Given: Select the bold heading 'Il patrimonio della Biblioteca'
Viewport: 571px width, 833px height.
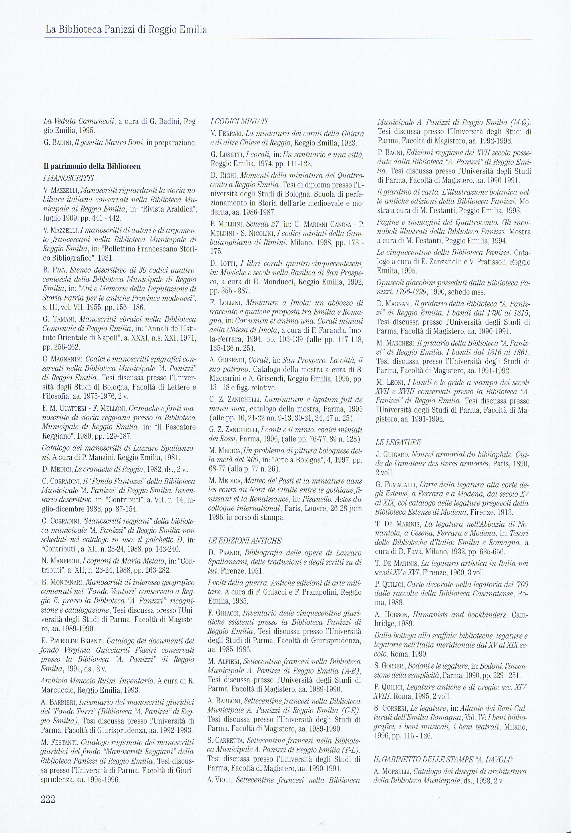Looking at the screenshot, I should [x=92, y=166].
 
